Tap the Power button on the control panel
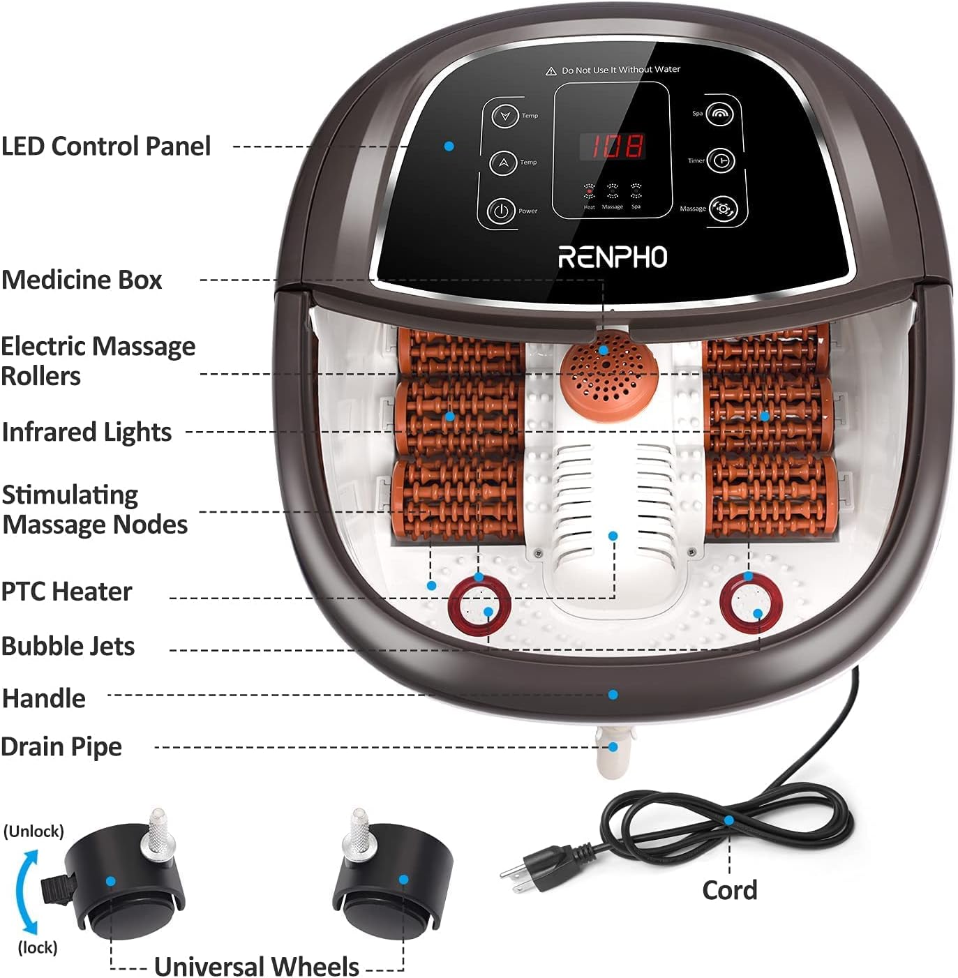pyautogui.click(x=500, y=210)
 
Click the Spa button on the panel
pyautogui.click(x=719, y=113)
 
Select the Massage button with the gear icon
pyautogui.click(x=723, y=209)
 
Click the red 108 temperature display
pyautogui.click(x=613, y=146)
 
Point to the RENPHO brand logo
pyautogui.click(x=613, y=257)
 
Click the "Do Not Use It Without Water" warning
pyautogui.click(x=614, y=70)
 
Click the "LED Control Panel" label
pyautogui.click(x=106, y=146)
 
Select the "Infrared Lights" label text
pyautogui.click(x=87, y=432)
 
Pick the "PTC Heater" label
pyautogui.click(x=66, y=592)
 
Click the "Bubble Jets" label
pyautogui.click(x=68, y=646)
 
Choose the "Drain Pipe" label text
pyautogui.click(x=61, y=746)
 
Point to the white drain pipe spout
pyautogui.click(x=612, y=753)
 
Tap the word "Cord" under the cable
pyautogui.click(x=729, y=890)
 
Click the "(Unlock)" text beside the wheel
pyautogui.click(x=33, y=831)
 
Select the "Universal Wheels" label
pyautogui.click(x=256, y=966)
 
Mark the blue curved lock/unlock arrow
pyautogui.click(x=24, y=891)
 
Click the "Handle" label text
pyautogui.click(x=44, y=698)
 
